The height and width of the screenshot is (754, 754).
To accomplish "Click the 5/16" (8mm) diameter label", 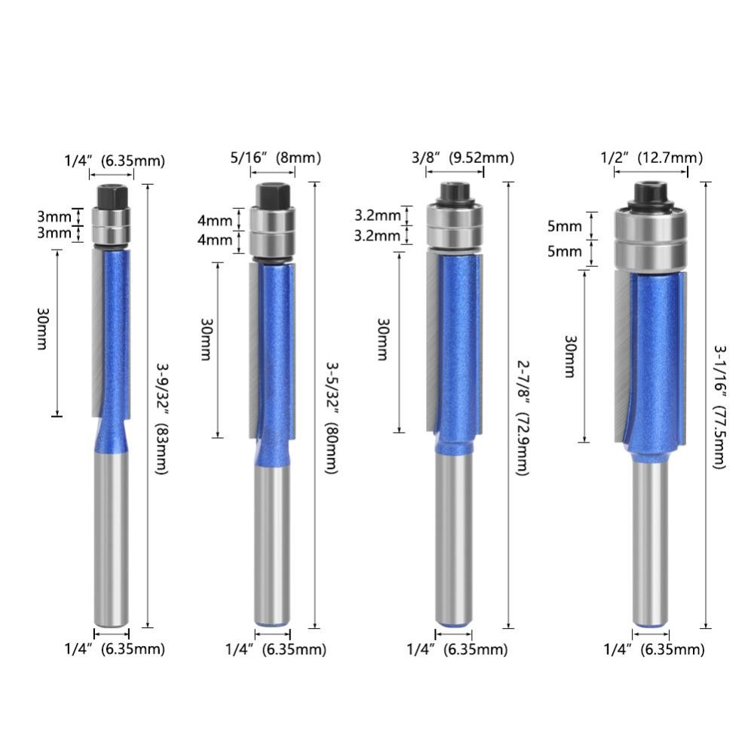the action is coord(275,158).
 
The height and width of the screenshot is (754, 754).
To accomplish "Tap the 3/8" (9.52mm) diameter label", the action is coord(463,158).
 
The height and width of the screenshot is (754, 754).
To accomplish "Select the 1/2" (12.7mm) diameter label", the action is coord(651,158).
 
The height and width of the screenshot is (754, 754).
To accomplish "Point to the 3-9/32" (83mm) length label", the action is coord(162,418).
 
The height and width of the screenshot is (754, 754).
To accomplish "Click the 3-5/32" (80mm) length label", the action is coord(332,418).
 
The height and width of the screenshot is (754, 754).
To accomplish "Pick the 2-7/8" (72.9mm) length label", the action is coord(523,418).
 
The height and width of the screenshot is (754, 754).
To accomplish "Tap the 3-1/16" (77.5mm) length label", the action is coord(719,407).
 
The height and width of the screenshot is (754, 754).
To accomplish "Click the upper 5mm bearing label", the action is coord(565,226).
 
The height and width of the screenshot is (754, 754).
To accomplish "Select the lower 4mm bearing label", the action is coord(214,239).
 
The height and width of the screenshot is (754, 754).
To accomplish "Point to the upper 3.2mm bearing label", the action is coord(377,216).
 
